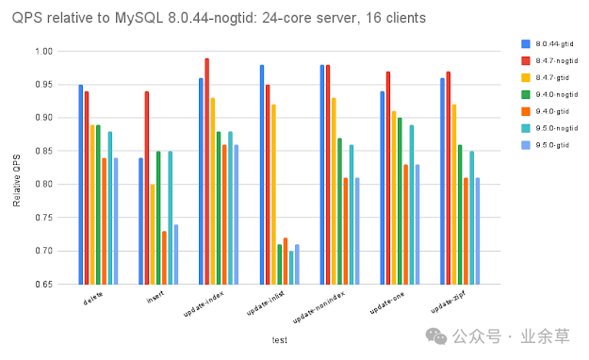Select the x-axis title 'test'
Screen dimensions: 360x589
pos(280,340)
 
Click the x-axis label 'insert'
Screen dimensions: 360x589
pos(154,299)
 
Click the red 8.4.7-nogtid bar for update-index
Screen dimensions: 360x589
pos(207,171)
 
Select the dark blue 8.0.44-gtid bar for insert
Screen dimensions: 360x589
pos(141,221)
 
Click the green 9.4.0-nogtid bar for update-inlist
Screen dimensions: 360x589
pos(280,264)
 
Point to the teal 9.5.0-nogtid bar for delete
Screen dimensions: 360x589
pos(110,207)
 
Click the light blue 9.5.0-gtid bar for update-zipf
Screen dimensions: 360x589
pos(478,230)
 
